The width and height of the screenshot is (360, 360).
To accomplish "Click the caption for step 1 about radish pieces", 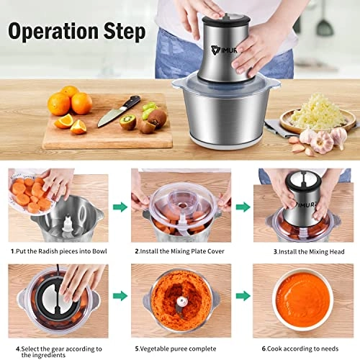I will (58, 251).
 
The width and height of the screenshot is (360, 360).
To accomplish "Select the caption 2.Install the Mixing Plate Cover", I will (179, 251).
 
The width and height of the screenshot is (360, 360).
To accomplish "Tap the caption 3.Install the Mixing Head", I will (298, 251).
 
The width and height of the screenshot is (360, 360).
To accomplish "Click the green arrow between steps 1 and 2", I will (117, 207).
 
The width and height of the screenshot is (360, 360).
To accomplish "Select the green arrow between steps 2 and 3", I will (242, 207).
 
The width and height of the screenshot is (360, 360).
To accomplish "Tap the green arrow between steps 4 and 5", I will (119, 294).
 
